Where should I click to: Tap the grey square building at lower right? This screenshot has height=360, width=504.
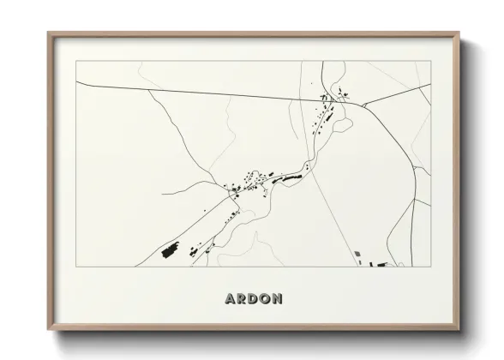(x=357, y=253)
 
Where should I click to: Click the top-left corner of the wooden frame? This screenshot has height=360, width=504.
(x=49, y=33)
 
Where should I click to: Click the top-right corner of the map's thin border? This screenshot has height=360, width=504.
(x=429, y=61)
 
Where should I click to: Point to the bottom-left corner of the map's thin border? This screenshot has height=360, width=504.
(x=76, y=267)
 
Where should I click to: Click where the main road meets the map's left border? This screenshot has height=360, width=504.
(x=76, y=81)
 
